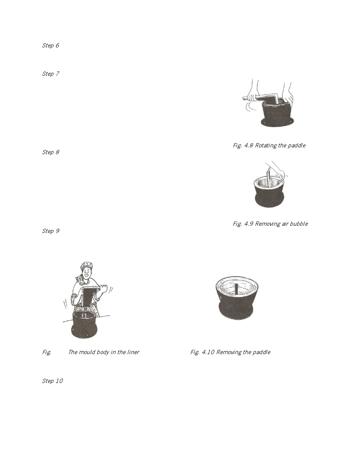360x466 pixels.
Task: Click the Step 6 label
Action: point(50,45)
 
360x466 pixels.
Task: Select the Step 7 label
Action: point(50,74)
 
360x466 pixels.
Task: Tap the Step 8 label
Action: point(50,152)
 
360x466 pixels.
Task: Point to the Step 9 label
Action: point(50,231)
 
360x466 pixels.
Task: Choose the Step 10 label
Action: point(52,381)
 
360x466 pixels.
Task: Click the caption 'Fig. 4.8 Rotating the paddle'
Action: point(269,145)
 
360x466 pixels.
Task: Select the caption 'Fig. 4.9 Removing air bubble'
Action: point(270,224)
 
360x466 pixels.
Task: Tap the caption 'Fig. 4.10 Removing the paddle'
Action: point(230,352)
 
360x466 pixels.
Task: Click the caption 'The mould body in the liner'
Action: point(104,352)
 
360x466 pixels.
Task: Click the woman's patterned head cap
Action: point(87,265)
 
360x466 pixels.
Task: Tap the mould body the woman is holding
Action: point(90,296)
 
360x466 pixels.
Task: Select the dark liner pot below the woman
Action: point(85,324)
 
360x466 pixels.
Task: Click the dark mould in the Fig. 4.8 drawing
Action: point(277,114)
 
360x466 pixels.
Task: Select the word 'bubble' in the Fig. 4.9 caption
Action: point(299,224)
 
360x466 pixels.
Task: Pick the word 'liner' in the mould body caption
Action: point(133,352)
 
